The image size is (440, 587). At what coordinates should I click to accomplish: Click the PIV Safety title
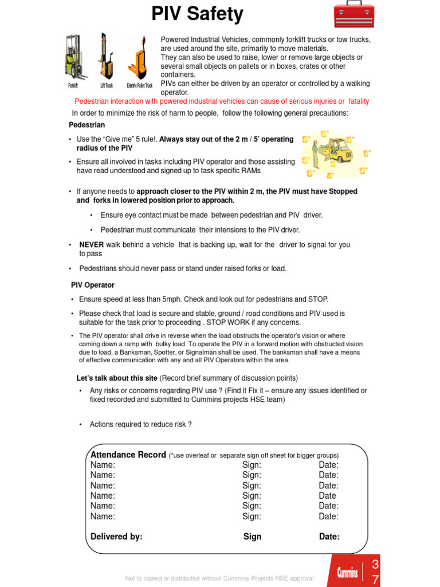[197, 14]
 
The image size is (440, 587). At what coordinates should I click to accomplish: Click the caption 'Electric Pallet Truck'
[139, 86]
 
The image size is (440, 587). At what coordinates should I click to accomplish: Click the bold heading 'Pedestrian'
[87, 125]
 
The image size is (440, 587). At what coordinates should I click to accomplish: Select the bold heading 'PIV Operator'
[93, 285]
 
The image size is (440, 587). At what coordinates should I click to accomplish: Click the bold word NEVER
[91, 245]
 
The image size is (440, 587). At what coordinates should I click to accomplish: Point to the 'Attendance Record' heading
[128, 455]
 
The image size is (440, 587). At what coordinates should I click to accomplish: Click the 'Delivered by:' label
[116, 537]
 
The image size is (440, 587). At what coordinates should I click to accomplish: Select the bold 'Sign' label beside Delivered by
[252, 537]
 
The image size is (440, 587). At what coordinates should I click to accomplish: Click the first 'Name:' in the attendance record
[103, 465]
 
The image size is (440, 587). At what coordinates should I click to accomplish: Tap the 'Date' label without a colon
[327, 496]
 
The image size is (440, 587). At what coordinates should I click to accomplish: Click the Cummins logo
[347, 572]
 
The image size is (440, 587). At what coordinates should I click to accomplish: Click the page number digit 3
[375, 565]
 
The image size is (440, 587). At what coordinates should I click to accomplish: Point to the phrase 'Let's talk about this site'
[117, 378]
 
